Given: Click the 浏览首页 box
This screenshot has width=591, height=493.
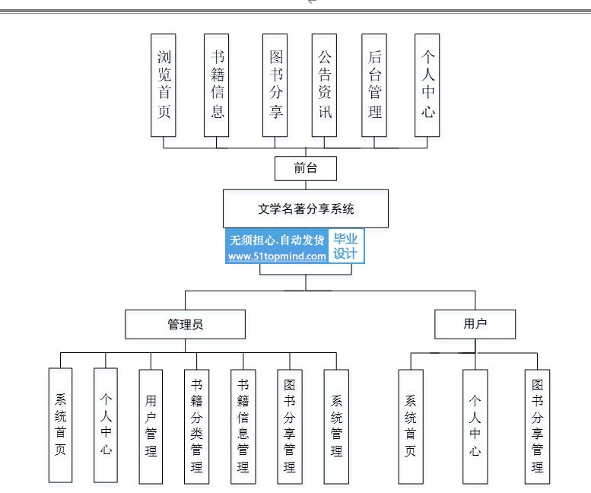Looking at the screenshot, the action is (x=164, y=85).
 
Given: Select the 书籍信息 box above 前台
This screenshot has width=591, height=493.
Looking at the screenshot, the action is (x=216, y=85).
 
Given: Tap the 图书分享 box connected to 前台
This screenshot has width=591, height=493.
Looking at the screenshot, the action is (x=275, y=85).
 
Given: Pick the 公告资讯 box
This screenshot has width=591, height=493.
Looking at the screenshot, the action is (x=324, y=85).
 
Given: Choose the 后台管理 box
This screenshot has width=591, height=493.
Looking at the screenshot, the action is (x=374, y=85).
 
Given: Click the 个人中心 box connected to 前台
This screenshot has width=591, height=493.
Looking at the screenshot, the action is (x=427, y=85).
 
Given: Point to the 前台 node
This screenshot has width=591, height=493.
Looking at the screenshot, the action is (x=306, y=168).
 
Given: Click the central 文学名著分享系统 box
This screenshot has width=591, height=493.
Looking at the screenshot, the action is (x=306, y=208).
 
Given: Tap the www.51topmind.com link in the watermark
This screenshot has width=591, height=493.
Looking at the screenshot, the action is (x=277, y=256).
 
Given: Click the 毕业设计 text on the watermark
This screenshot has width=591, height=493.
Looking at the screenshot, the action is (x=345, y=246).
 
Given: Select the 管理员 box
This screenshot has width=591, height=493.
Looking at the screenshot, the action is (x=185, y=324).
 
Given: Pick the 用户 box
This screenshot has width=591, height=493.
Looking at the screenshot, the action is (x=475, y=324).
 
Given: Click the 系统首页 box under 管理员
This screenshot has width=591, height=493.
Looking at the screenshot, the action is (x=60, y=425).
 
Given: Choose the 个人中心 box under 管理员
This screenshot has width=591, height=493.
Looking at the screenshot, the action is (x=106, y=425).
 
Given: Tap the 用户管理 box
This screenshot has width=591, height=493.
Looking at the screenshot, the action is (x=151, y=426).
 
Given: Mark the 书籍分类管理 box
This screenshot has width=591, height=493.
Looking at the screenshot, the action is (x=196, y=426).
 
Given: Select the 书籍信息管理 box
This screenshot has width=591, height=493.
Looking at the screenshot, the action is (x=243, y=426).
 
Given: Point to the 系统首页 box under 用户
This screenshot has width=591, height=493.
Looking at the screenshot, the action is (x=411, y=426).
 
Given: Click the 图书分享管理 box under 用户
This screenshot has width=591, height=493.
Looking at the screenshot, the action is (x=537, y=426).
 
